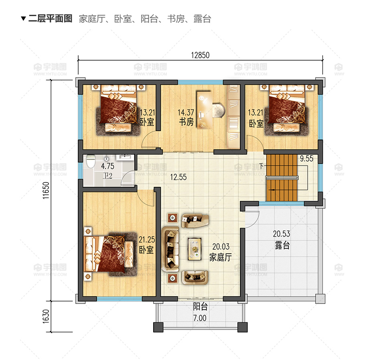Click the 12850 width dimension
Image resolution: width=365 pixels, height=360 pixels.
point(200,55)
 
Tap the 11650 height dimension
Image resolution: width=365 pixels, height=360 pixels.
point(46,190)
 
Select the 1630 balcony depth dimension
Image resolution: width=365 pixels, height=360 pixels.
point(46,316)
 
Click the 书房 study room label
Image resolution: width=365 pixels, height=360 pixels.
point(186,122)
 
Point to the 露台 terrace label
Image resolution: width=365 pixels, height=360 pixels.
point(282,245)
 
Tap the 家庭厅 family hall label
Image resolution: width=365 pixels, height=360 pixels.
point(220,257)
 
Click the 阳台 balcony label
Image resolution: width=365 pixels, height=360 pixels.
point(200,306)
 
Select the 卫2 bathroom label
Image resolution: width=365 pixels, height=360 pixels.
point(107,176)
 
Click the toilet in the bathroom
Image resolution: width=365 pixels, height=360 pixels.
point(91,161)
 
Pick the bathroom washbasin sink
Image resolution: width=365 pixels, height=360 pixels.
point(125,158)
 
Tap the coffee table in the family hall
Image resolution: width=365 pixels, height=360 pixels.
point(195,249)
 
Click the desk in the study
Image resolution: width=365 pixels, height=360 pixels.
point(205,110)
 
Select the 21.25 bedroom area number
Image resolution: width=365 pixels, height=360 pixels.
point(147,239)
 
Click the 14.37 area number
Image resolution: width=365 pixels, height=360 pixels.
point(186,112)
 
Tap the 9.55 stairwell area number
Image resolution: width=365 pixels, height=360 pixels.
point(306,158)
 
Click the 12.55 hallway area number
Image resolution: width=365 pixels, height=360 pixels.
point(178,177)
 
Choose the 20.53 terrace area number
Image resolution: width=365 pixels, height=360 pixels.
point(282,234)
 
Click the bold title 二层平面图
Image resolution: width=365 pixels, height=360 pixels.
point(50,18)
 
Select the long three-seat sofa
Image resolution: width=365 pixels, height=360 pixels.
point(170,249)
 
